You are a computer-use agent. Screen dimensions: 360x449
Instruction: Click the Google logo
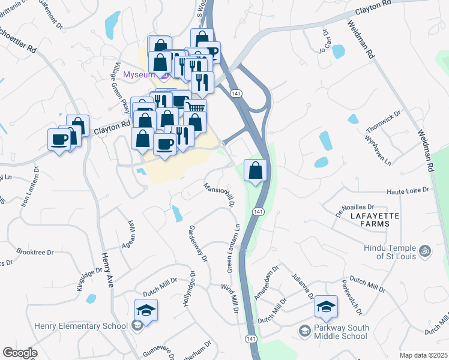click(x=20, y=353)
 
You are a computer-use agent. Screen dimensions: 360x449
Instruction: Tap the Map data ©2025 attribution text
click(x=423, y=355)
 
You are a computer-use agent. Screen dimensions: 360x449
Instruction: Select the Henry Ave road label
click(x=106, y=270)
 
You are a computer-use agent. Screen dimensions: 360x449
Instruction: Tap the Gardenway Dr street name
click(x=198, y=245)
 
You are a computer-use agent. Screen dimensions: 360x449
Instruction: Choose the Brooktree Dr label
click(x=35, y=252)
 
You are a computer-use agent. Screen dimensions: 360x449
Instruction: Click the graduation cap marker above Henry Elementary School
click(x=146, y=311)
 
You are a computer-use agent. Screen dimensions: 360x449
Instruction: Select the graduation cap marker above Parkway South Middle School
click(x=326, y=307)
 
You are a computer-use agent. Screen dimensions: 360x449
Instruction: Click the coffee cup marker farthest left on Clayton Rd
click(x=59, y=140)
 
